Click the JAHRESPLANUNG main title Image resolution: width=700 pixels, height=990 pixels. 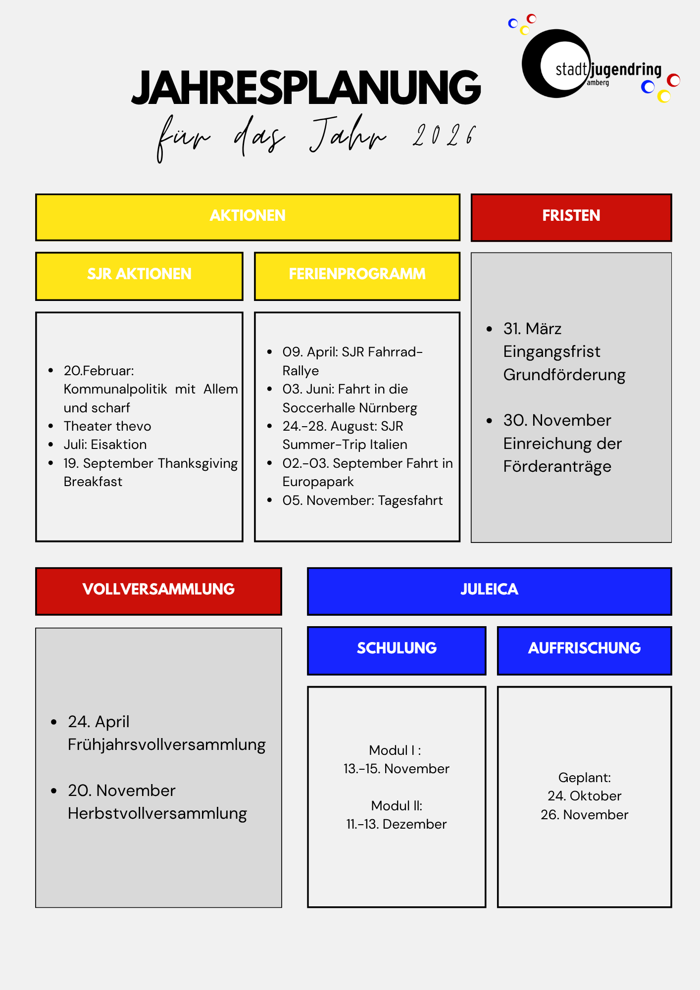tap(306, 88)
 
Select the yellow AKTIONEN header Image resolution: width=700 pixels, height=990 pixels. tap(248, 216)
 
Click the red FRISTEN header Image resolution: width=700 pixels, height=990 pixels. tap(571, 216)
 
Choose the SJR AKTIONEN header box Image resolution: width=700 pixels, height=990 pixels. tap(139, 275)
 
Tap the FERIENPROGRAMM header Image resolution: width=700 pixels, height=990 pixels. tap(357, 275)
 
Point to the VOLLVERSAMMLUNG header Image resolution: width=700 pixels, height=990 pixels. tap(158, 590)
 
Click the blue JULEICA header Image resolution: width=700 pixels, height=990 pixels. tap(489, 590)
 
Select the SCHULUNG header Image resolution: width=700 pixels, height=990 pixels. tap(397, 649)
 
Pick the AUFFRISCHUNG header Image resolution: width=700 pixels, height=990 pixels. tap(584, 649)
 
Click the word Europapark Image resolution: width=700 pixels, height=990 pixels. tap(318, 482)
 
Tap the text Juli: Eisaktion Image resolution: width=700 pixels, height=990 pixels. tap(105, 445)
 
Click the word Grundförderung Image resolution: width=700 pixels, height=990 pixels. tap(564, 375)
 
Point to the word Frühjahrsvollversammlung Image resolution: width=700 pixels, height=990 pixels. tap(167, 745)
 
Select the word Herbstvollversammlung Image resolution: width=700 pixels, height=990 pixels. tap(157, 814)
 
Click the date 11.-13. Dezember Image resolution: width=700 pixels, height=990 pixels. tap(397, 825)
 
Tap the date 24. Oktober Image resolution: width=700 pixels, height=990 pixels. tap(584, 796)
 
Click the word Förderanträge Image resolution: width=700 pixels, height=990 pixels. tap(557, 467)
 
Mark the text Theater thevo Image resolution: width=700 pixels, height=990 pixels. tap(107, 426)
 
